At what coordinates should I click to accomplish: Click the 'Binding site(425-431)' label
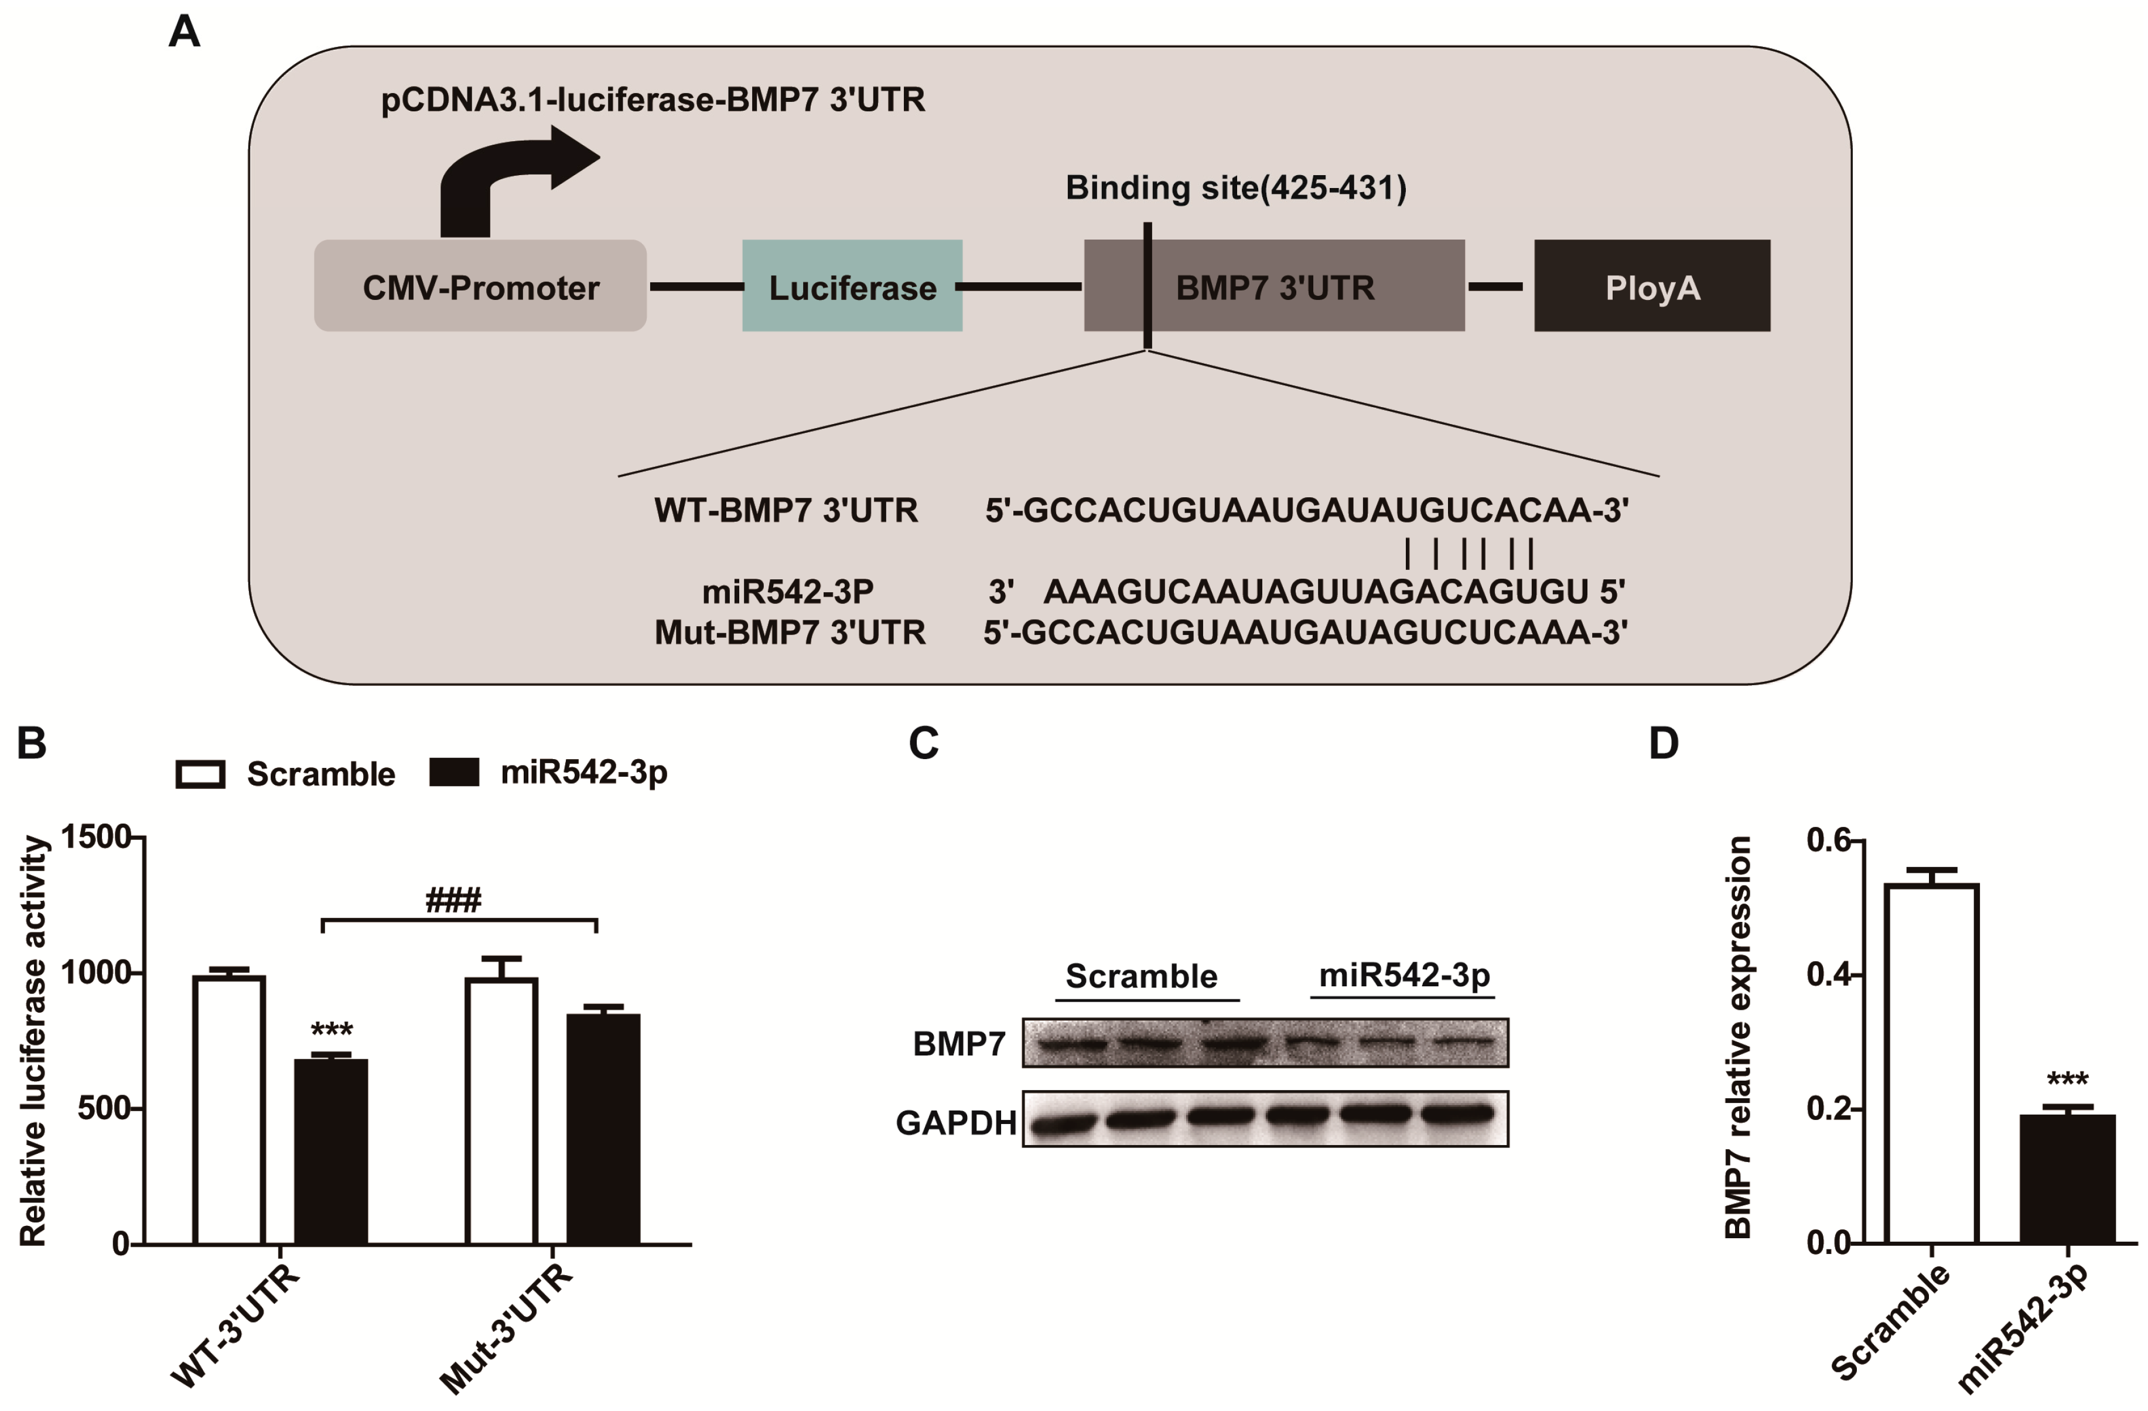click(1235, 187)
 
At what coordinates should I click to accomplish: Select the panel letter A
click(184, 32)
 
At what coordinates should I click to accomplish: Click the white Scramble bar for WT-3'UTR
click(229, 1110)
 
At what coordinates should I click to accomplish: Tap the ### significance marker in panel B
click(453, 900)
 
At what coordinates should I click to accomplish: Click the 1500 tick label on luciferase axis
click(95, 837)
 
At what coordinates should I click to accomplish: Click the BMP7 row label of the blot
click(958, 1044)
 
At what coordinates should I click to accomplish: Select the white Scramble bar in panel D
click(1931, 1065)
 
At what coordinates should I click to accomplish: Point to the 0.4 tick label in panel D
click(1829, 975)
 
